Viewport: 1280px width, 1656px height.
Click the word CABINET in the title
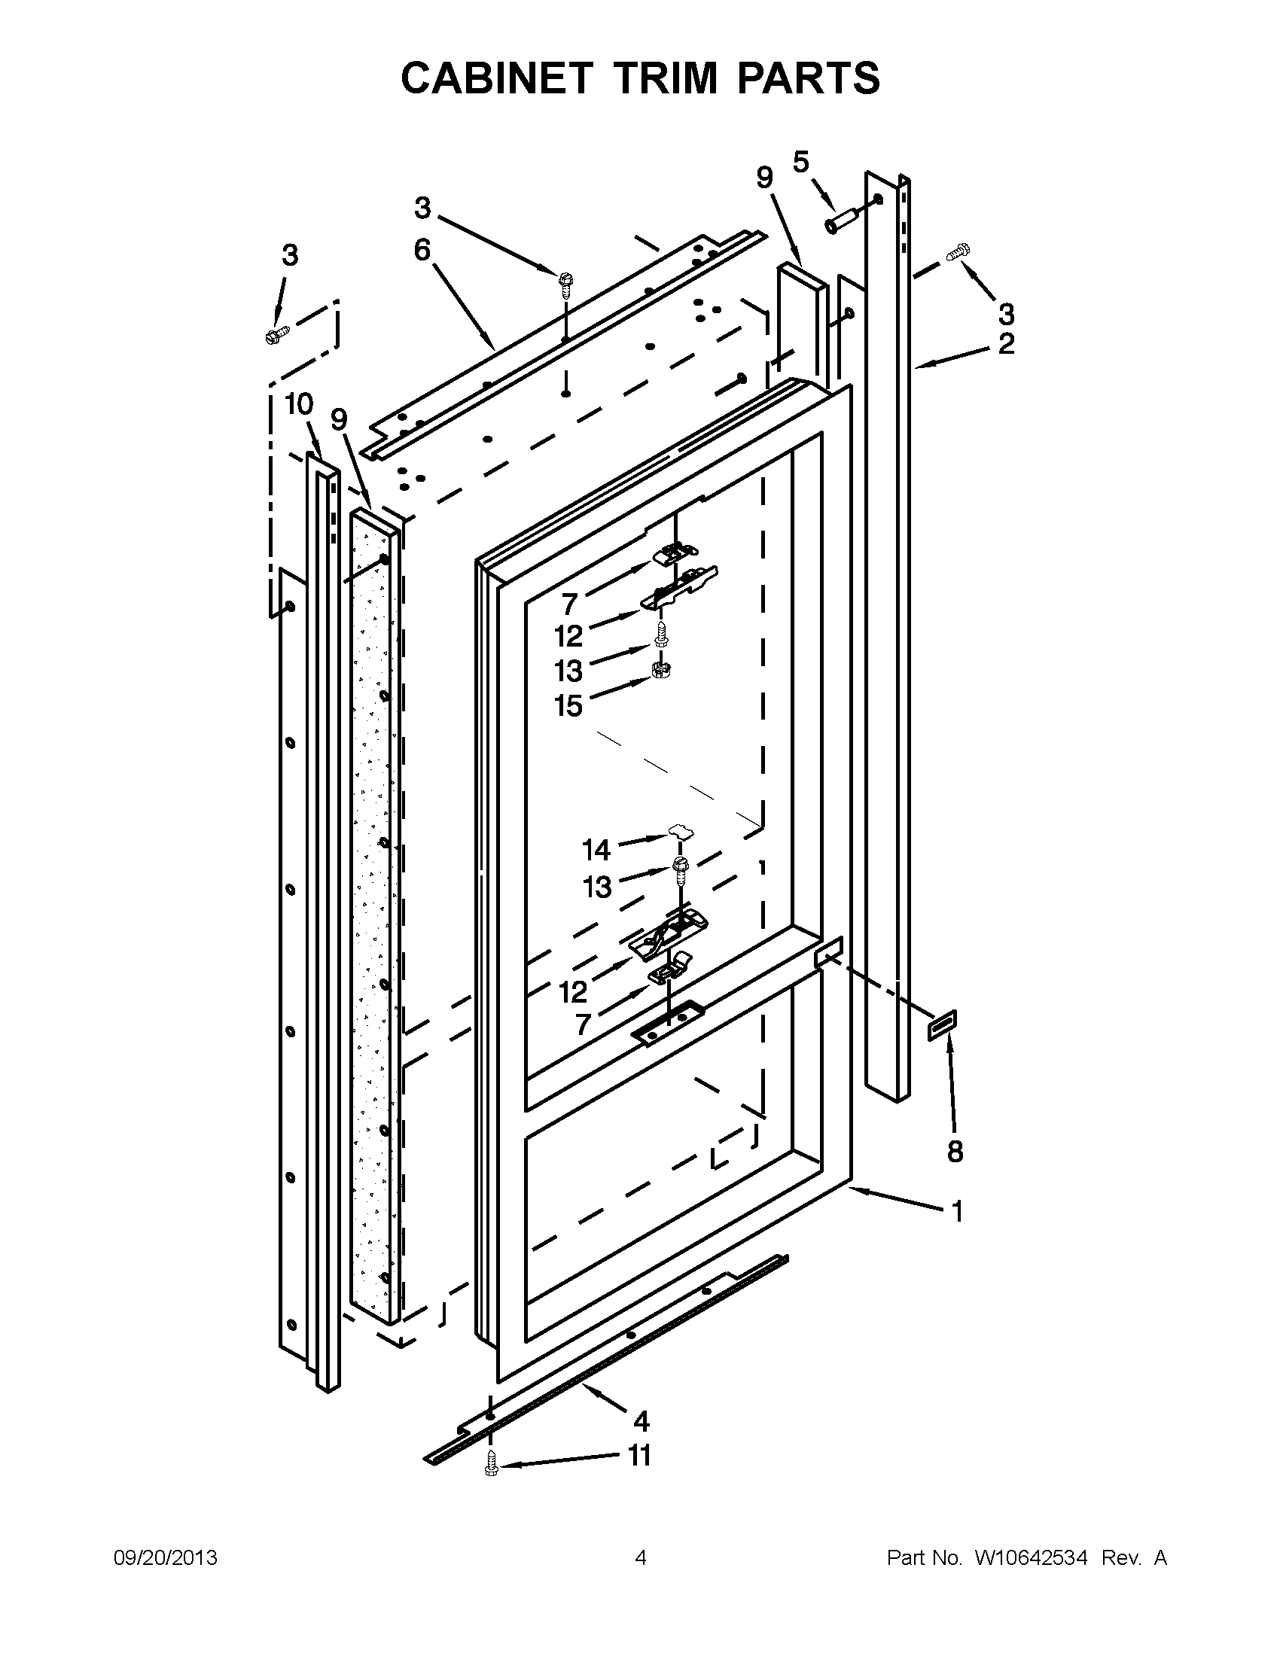[x=495, y=78]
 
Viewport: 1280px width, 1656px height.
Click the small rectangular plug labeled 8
[x=943, y=1027]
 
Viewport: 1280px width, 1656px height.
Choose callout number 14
[x=596, y=851]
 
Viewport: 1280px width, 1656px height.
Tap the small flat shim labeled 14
[x=681, y=833]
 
